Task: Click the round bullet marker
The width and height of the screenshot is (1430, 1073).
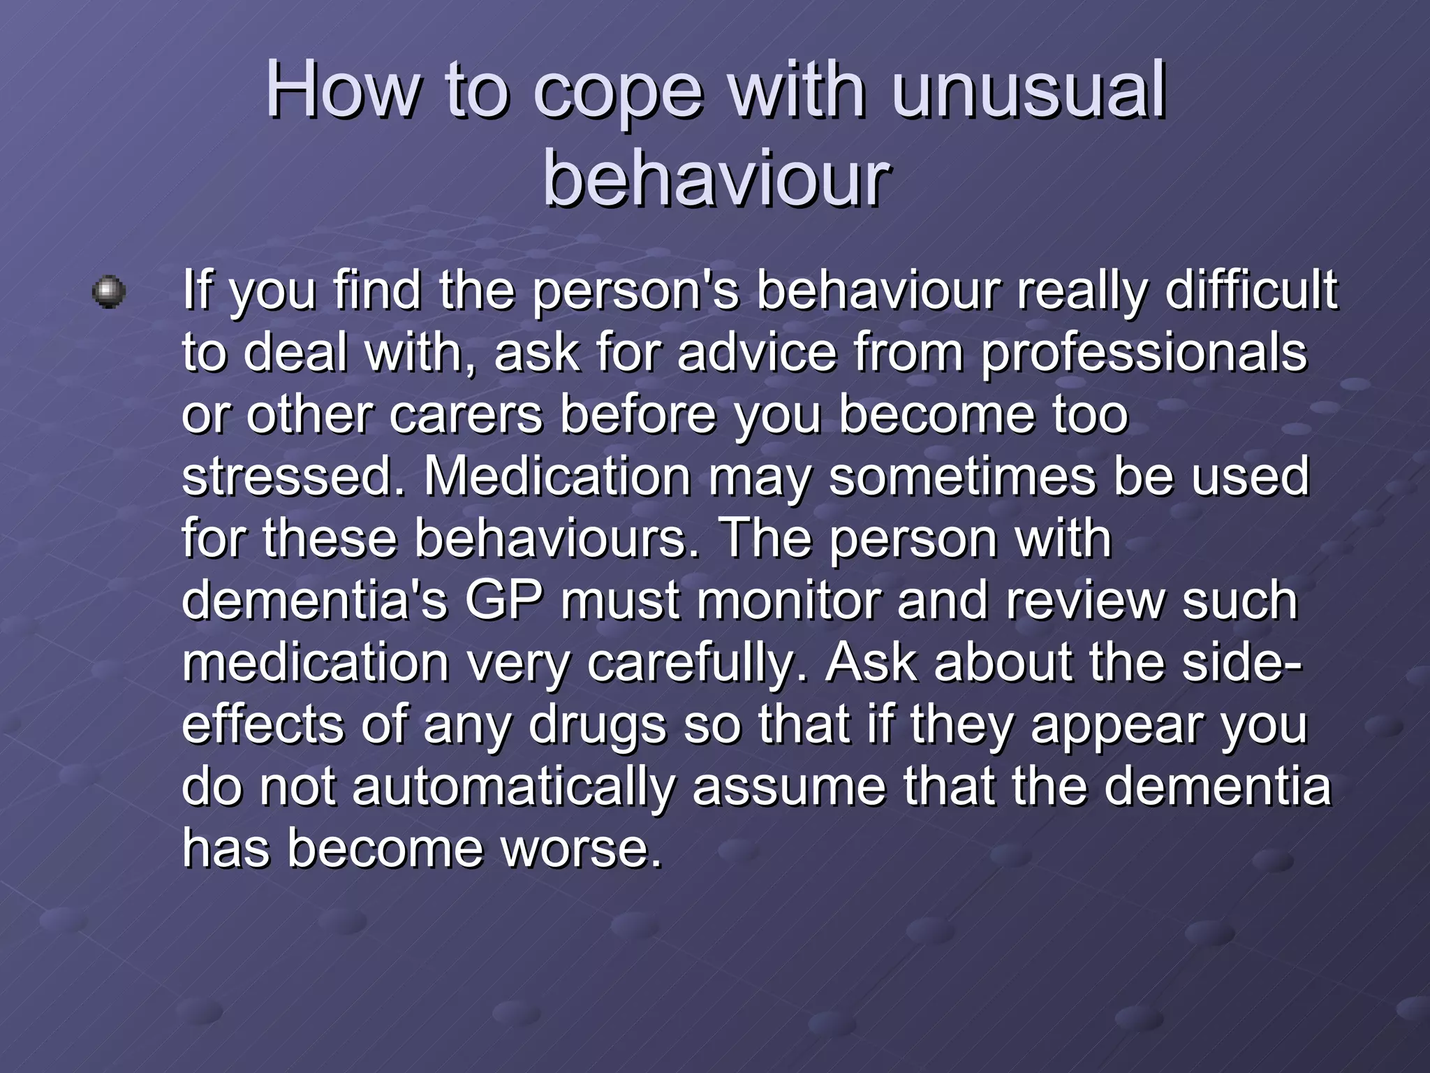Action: coord(109,292)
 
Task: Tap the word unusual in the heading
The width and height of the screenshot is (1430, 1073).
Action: coord(1029,91)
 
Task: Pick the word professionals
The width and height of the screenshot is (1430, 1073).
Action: coord(1144,353)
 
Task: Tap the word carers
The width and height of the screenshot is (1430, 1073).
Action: coord(466,414)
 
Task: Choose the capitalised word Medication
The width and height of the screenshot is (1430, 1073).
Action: coord(558,476)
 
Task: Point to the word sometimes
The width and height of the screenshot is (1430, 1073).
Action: coord(962,476)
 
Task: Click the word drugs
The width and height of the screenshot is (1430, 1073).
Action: coord(598,725)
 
